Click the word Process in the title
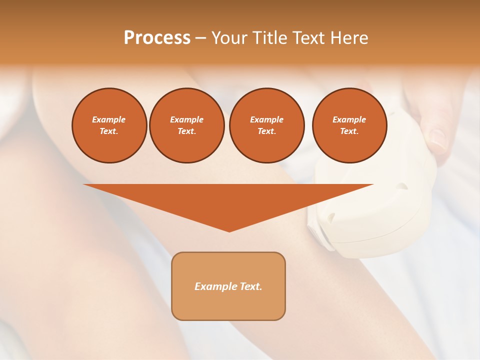pyautogui.click(x=157, y=38)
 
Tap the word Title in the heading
pyautogui.click(x=268, y=38)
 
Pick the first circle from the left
pyautogui.click(x=109, y=125)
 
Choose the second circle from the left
pyautogui.click(x=187, y=125)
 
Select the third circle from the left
pyautogui.click(x=267, y=125)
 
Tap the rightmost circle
pyautogui.click(x=349, y=125)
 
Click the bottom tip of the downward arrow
pyautogui.click(x=229, y=230)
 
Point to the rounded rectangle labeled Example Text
pyautogui.click(x=228, y=286)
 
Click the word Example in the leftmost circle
pyautogui.click(x=109, y=119)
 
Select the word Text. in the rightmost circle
pyautogui.click(x=349, y=131)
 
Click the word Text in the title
pyautogui.click(x=310, y=38)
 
